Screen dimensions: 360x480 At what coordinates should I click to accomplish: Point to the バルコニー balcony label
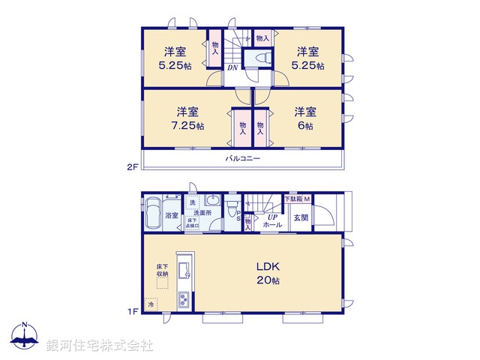coord(242,160)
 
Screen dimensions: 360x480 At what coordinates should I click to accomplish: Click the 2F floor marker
coord(131,166)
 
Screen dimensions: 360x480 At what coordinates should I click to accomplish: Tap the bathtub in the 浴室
coord(152,207)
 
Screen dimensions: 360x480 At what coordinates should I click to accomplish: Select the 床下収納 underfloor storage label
coord(161,271)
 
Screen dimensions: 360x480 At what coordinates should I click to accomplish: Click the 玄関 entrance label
coord(301,217)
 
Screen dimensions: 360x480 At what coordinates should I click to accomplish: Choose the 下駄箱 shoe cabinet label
coord(292,199)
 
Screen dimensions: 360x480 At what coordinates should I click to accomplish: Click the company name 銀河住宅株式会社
coord(101,345)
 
